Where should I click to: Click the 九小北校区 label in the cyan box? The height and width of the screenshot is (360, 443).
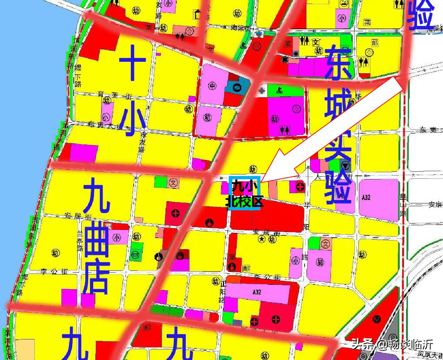click(x=245, y=194)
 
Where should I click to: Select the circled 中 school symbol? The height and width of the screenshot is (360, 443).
click(x=212, y=86)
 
